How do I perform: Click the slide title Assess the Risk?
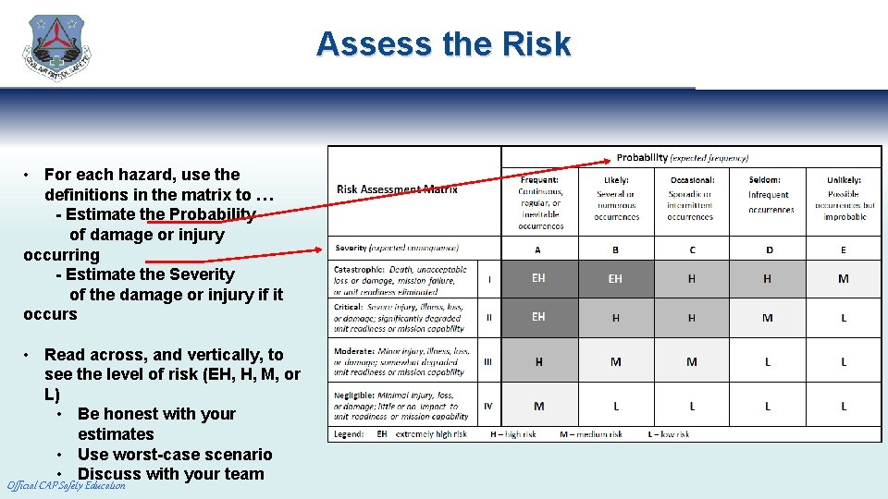click(x=443, y=43)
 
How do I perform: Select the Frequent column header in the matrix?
click(x=539, y=202)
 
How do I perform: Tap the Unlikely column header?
click(x=844, y=198)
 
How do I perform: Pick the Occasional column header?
click(x=691, y=198)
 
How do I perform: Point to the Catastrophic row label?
click(x=401, y=278)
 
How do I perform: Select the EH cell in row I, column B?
click(x=615, y=278)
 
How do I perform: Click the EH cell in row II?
click(x=538, y=317)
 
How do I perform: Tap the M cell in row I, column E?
click(x=843, y=278)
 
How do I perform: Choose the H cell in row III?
click(x=538, y=362)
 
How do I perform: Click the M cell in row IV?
click(x=538, y=406)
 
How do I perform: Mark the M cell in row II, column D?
click(x=768, y=318)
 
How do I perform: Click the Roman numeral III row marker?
click(x=488, y=362)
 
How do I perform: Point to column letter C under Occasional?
click(x=691, y=249)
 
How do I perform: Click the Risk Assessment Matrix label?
click(x=397, y=189)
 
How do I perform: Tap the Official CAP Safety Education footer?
click(x=66, y=486)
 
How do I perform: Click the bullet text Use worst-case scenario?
click(x=175, y=454)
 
